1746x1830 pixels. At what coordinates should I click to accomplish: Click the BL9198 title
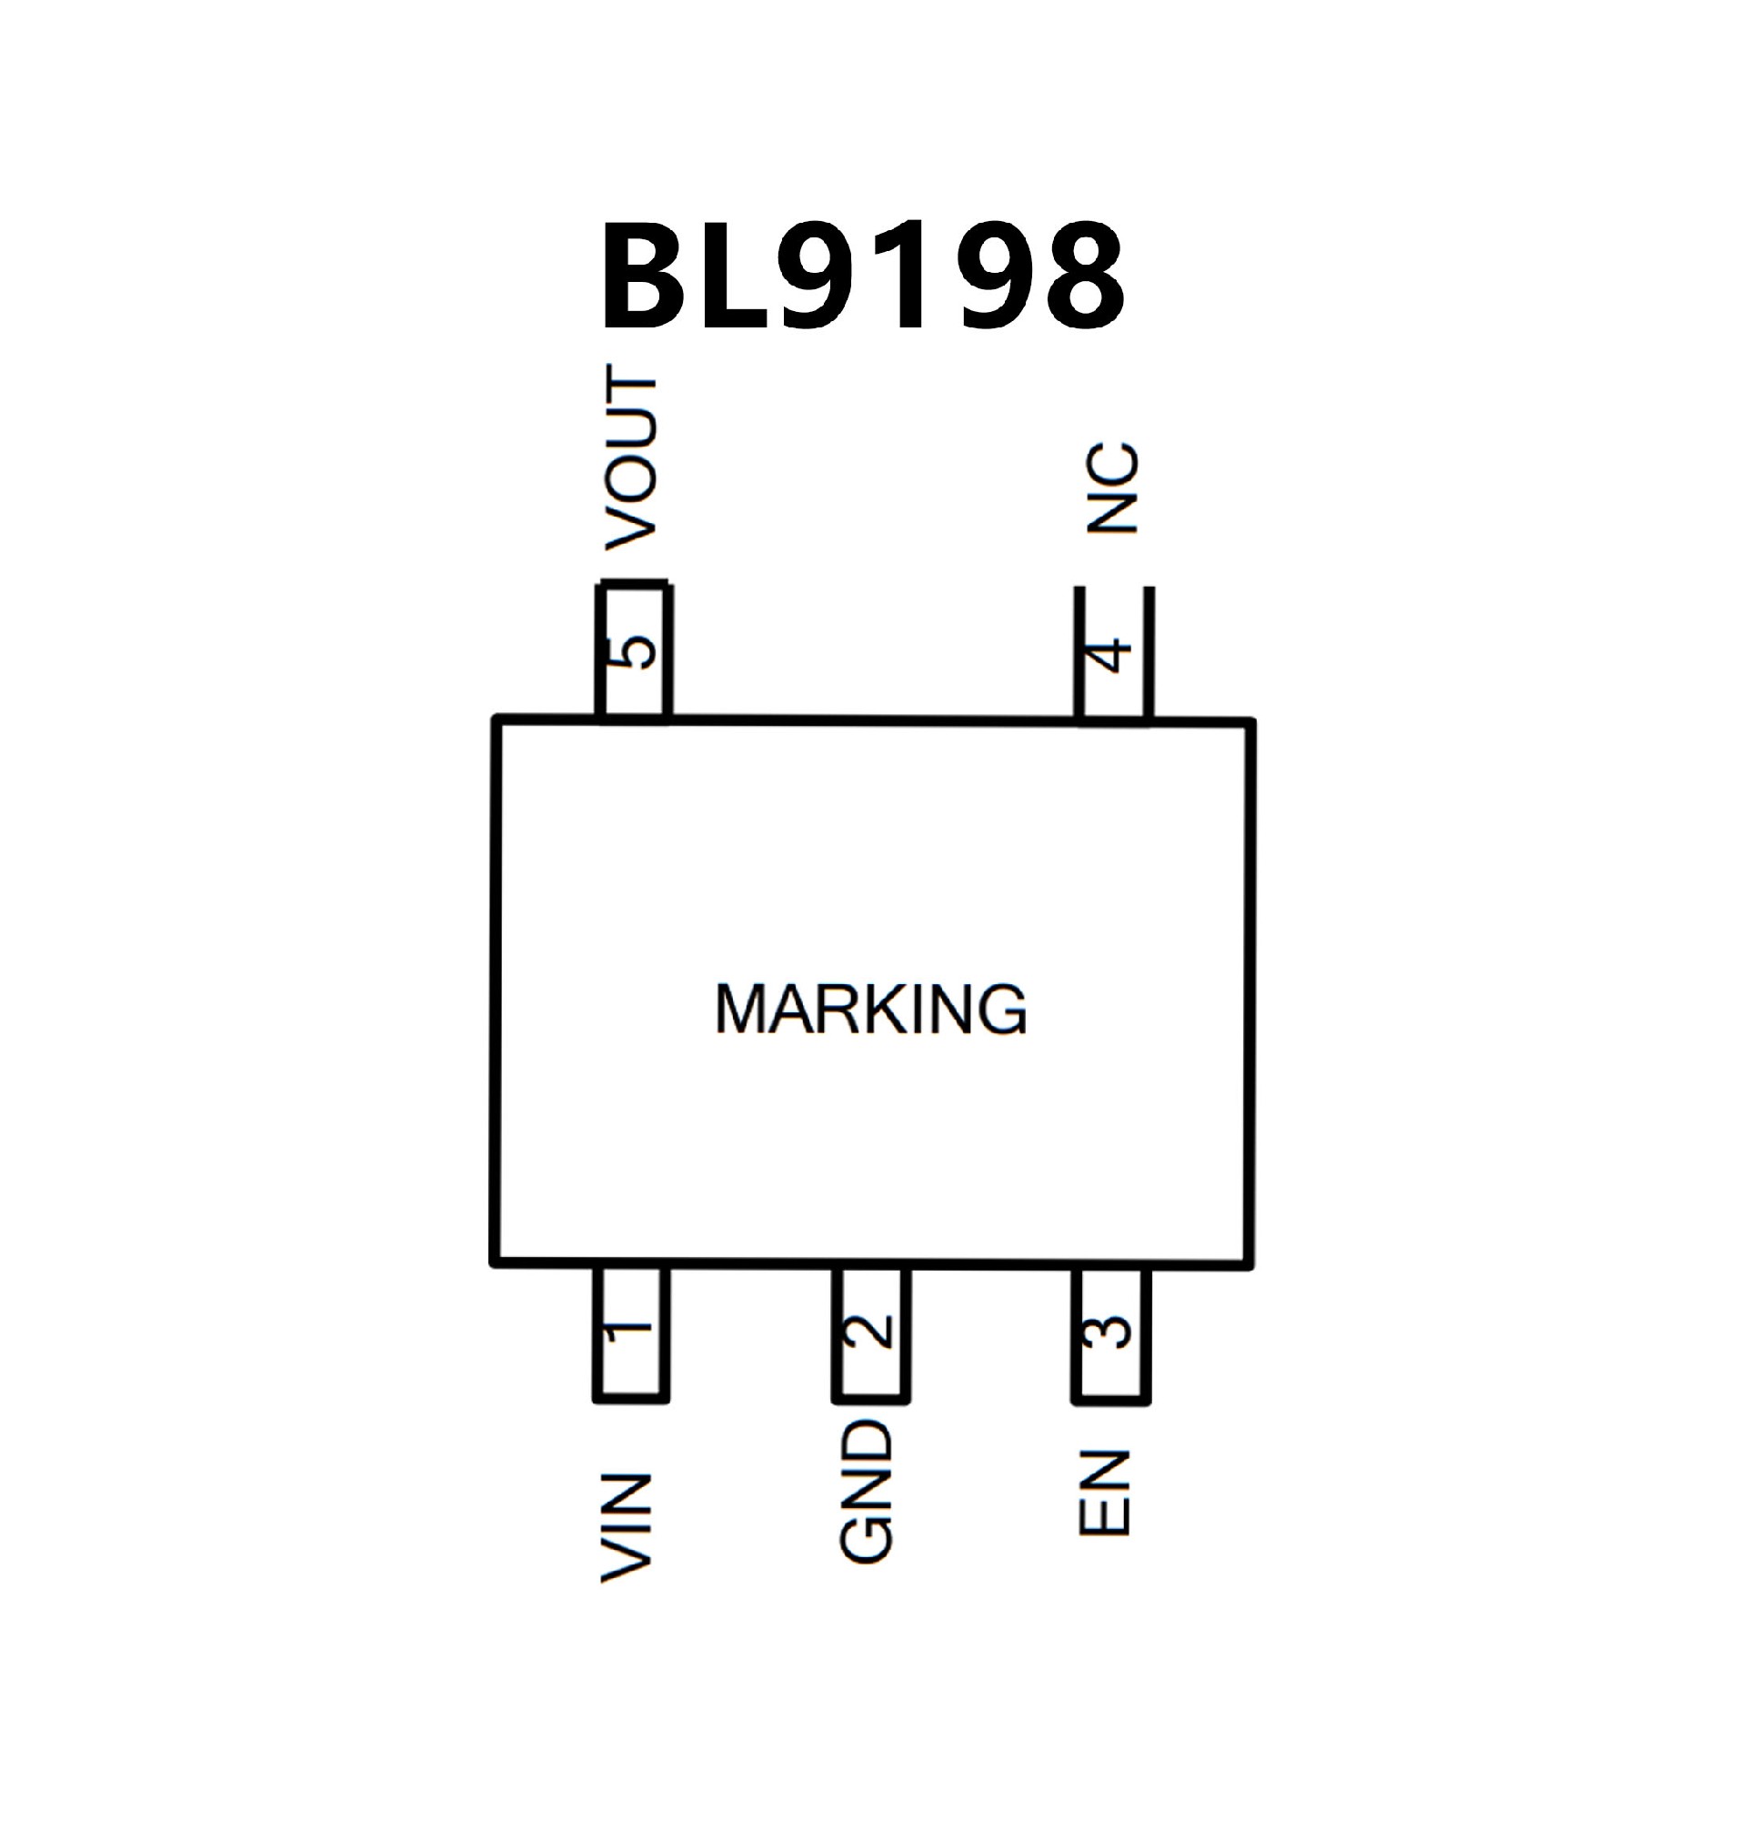point(864,277)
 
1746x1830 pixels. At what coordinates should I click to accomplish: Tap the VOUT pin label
point(632,458)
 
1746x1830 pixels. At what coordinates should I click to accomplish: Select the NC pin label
point(1113,487)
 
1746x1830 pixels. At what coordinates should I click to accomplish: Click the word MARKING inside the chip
point(871,1009)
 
